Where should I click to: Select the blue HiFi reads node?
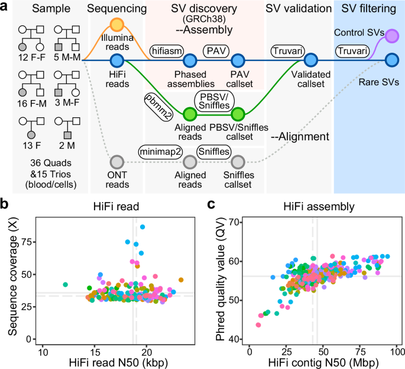coord(116,60)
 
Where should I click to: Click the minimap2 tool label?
coord(158,152)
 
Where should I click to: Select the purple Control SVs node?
coord(391,37)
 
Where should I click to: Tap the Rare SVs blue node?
coord(391,60)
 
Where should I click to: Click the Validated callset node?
coord(311,60)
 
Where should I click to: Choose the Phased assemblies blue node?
coord(190,60)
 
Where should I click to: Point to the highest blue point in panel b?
coord(142,227)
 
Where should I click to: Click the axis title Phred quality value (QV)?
coord(221,280)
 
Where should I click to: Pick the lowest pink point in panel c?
coord(258,325)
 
